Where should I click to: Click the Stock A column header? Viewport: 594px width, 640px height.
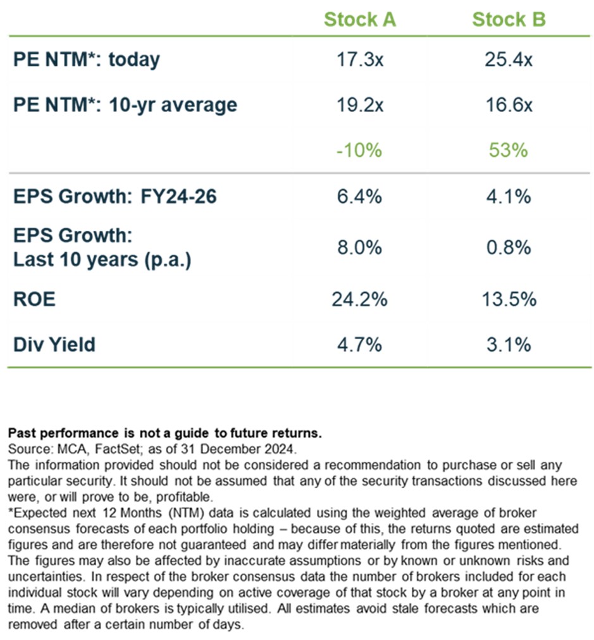(x=359, y=20)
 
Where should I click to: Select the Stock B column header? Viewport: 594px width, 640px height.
(x=509, y=20)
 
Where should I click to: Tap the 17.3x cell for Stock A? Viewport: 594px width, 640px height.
(x=359, y=60)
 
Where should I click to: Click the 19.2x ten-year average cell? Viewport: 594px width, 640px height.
(x=359, y=104)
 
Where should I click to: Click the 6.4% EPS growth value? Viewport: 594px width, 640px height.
(x=359, y=197)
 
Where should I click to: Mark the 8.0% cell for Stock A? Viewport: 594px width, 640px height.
(x=359, y=247)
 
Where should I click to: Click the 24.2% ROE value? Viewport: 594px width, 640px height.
(x=359, y=298)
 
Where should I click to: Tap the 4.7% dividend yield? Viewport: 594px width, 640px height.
(x=359, y=345)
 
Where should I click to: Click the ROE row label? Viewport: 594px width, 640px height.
(x=34, y=298)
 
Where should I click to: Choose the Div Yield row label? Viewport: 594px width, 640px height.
(x=54, y=345)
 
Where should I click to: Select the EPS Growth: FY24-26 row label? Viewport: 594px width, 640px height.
(x=114, y=197)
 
